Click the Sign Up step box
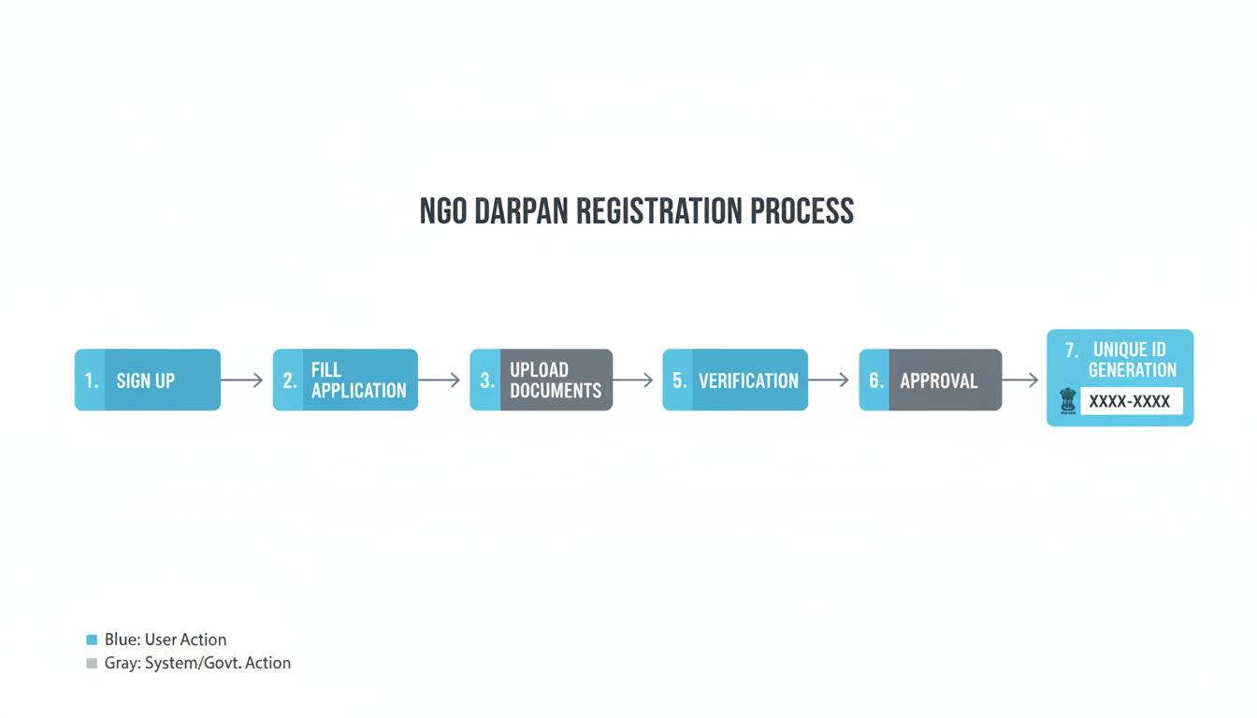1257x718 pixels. click(x=148, y=381)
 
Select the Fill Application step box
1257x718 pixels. click(x=345, y=381)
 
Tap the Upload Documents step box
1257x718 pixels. click(x=542, y=381)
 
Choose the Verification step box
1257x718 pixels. click(x=735, y=381)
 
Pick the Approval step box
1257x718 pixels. click(x=931, y=381)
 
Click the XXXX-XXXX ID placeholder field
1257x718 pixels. click(x=1131, y=402)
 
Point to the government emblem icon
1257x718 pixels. click(x=1067, y=402)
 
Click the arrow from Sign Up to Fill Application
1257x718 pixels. click(x=242, y=381)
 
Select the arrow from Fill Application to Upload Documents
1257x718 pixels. click(x=440, y=381)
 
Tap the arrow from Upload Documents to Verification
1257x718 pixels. click(x=633, y=381)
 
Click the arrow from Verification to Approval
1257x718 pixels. click(x=829, y=381)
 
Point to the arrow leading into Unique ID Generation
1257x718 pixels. click(x=1020, y=381)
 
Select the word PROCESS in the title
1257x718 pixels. click(x=802, y=211)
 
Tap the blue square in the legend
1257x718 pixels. click(x=92, y=640)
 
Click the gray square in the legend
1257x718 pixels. click(x=92, y=664)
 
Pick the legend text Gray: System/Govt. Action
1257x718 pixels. click(x=197, y=664)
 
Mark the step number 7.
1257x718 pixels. click(x=1072, y=351)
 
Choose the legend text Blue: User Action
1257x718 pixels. click(x=166, y=640)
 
